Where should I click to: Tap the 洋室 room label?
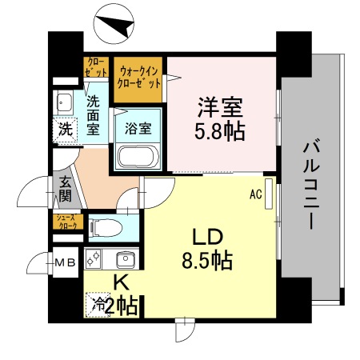(220, 106)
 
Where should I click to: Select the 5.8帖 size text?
(220, 129)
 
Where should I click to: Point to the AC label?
(256, 194)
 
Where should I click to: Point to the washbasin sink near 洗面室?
(64, 102)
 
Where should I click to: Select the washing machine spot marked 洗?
(62, 128)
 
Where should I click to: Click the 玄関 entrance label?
(65, 190)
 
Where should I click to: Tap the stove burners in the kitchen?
(94, 258)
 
